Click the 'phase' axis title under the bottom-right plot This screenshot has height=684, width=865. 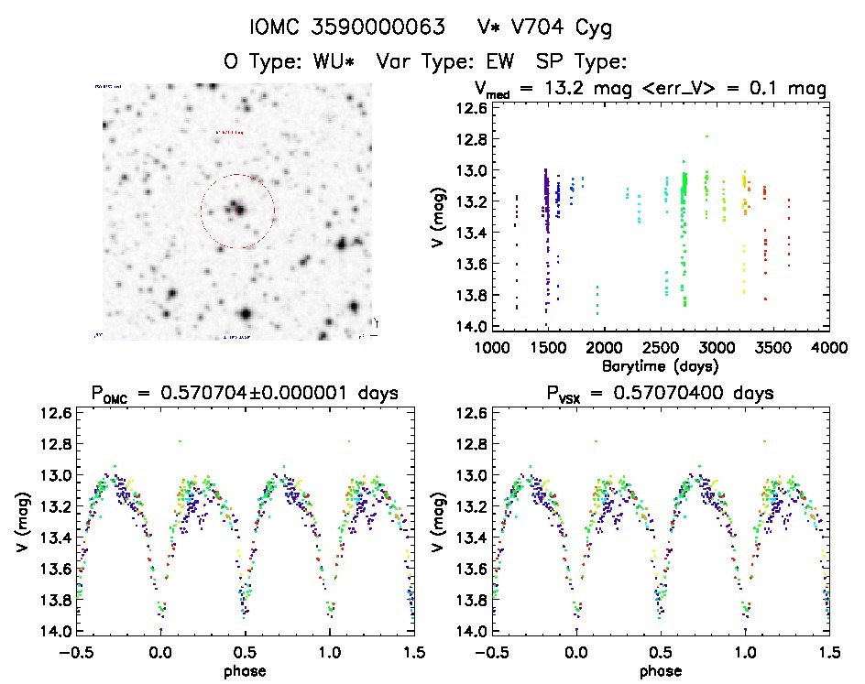pos(660,669)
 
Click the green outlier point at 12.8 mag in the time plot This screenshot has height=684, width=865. pos(706,136)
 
